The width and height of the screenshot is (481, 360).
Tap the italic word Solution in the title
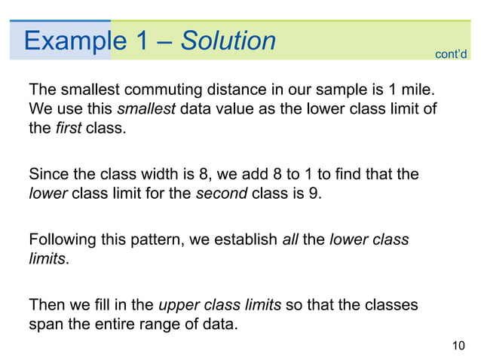[228, 41]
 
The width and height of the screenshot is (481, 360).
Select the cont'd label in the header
[452, 53]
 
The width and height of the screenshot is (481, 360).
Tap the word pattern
[157, 242]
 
